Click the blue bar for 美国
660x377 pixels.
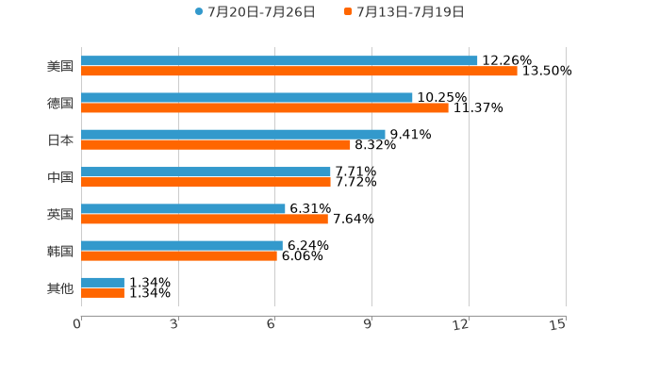click(279, 60)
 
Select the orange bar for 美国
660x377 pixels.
click(299, 71)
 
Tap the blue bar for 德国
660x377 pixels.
click(247, 97)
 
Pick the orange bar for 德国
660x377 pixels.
click(265, 107)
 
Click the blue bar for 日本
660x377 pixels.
click(233, 134)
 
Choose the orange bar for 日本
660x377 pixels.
click(216, 144)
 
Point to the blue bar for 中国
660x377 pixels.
click(206, 172)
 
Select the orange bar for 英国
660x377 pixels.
click(205, 219)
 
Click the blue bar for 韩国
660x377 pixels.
click(182, 245)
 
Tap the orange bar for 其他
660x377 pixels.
click(103, 292)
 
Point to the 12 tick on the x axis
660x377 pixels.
click(461, 324)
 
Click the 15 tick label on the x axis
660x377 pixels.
click(558, 324)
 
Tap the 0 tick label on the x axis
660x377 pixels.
click(77, 324)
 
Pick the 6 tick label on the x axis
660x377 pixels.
click(271, 324)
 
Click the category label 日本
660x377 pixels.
click(60, 139)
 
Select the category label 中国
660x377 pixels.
click(60, 177)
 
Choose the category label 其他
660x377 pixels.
click(60, 287)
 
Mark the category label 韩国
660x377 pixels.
click(60, 251)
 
